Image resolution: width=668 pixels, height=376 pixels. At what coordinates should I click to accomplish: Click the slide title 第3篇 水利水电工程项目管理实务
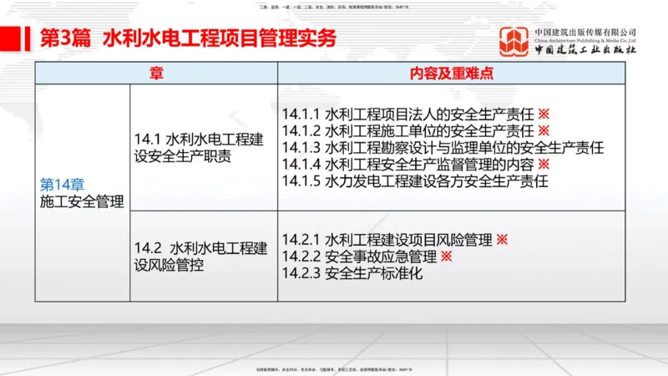[188, 38]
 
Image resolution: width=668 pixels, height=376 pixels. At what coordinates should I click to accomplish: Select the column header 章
[156, 74]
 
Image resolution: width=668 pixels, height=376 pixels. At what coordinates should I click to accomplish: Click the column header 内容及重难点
[451, 74]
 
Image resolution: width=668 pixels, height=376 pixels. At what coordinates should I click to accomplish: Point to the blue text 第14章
[63, 185]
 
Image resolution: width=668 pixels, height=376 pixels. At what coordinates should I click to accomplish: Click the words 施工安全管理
[82, 201]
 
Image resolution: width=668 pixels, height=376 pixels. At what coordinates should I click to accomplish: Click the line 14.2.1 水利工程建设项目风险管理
[387, 240]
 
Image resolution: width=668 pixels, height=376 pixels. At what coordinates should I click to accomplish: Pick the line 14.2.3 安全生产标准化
[352, 273]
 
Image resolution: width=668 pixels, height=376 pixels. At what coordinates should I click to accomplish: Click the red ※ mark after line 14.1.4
[544, 164]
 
